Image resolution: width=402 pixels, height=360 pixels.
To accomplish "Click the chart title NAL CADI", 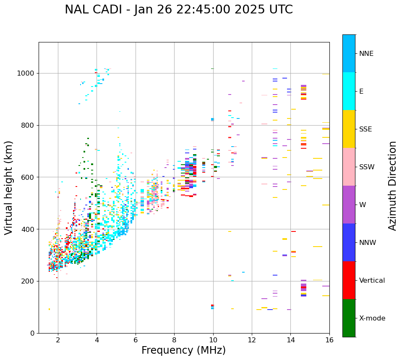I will [178, 10].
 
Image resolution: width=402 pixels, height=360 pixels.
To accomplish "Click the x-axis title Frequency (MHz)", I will [183, 350].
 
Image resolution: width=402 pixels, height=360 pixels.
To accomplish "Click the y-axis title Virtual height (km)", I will [9, 187].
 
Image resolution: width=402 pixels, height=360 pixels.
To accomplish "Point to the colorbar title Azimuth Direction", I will [392, 185].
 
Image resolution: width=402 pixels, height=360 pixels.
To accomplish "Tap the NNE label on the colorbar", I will [366, 54].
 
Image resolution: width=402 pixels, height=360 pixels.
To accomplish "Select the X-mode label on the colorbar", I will [372, 318].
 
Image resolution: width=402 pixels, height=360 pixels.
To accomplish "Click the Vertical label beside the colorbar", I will [372, 281].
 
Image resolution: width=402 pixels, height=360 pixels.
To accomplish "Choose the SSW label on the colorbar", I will [367, 167].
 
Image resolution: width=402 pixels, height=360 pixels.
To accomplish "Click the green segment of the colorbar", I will [349, 318].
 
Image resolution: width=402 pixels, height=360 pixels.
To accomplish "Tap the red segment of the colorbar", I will [349, 280].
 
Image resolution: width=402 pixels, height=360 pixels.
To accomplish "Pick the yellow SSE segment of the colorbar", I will [349, 129].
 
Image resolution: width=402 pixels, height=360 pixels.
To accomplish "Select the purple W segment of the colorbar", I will [349, 205].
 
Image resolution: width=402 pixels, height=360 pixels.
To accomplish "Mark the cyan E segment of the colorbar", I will [349, 91].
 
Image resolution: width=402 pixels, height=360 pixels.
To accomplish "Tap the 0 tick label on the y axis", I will [33, 334].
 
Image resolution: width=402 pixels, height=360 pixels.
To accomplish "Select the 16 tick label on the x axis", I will [329, 340].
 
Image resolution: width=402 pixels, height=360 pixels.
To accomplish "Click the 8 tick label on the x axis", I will [174, 340].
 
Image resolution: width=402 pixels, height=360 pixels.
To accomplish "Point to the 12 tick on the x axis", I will [252, 340].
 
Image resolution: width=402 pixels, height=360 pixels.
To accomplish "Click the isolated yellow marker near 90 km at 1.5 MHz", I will [49, 309].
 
